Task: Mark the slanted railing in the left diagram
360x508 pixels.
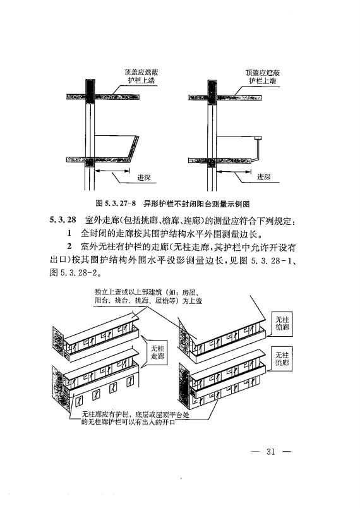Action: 133,147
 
